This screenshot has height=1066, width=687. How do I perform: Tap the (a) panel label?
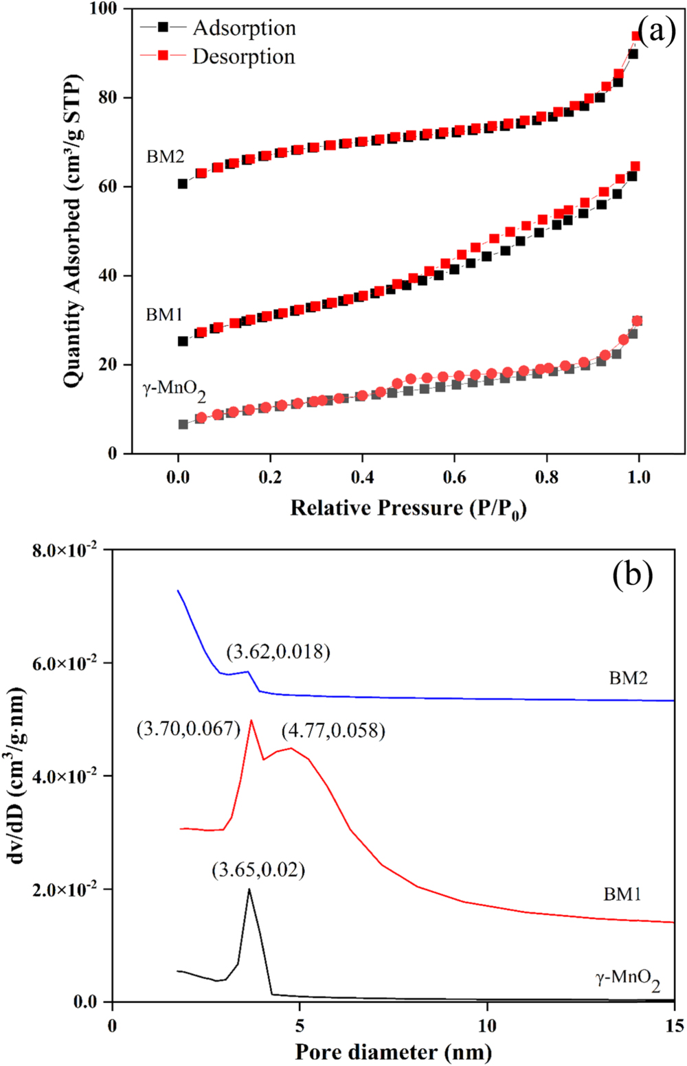656,31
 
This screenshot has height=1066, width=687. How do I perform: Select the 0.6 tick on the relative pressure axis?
455,476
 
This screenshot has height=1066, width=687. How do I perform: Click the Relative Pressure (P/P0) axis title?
408,509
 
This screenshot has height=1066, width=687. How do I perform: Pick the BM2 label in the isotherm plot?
166,157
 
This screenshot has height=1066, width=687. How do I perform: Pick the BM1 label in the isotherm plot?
164,314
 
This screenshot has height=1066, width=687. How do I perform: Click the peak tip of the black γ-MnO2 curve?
249,890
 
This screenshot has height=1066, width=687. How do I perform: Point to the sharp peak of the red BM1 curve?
251,720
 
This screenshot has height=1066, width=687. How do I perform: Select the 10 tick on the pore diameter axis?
487,1025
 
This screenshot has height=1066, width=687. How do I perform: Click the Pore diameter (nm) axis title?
393,1051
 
